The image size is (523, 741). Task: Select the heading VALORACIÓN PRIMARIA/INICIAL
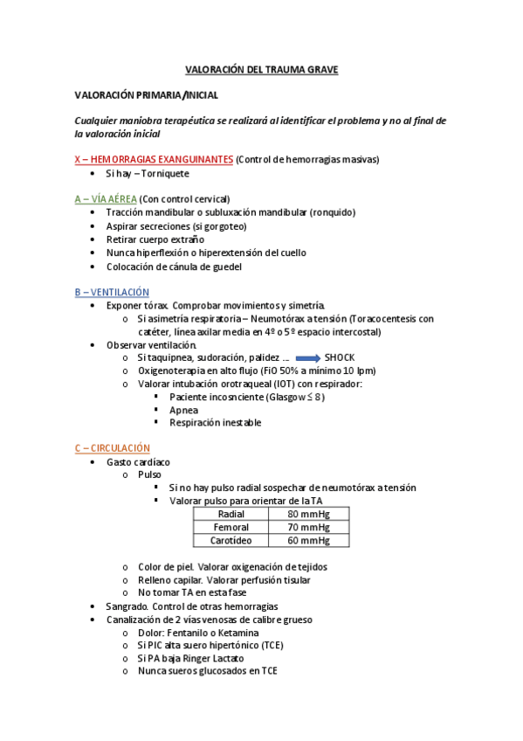click(146, 94)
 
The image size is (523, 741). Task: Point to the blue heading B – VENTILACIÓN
click(112, 292)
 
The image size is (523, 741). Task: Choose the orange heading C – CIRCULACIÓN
click(113, 447)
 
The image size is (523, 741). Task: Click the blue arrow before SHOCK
click(307, 358)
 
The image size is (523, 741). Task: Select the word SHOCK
click(339, 358)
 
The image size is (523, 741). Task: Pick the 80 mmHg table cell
click(308, 514)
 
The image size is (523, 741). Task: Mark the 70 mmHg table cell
click(308, 527)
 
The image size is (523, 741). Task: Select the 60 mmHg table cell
click(308, 540)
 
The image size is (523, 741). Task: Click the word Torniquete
click(165, 173)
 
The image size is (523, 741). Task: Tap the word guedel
click(224, 267)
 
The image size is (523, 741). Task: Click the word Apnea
click(184, 410)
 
